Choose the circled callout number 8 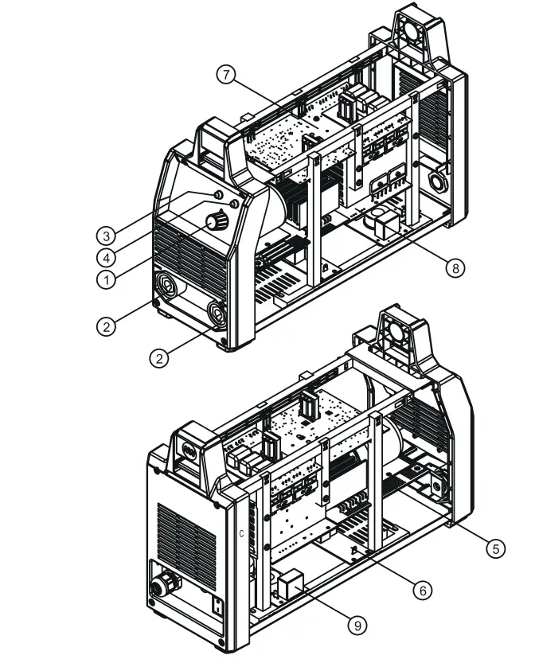pos(454,269)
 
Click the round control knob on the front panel pos(216,222)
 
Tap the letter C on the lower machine pos(241,532)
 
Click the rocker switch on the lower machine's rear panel pos(217,608)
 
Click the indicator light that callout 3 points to pos(218,195)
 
